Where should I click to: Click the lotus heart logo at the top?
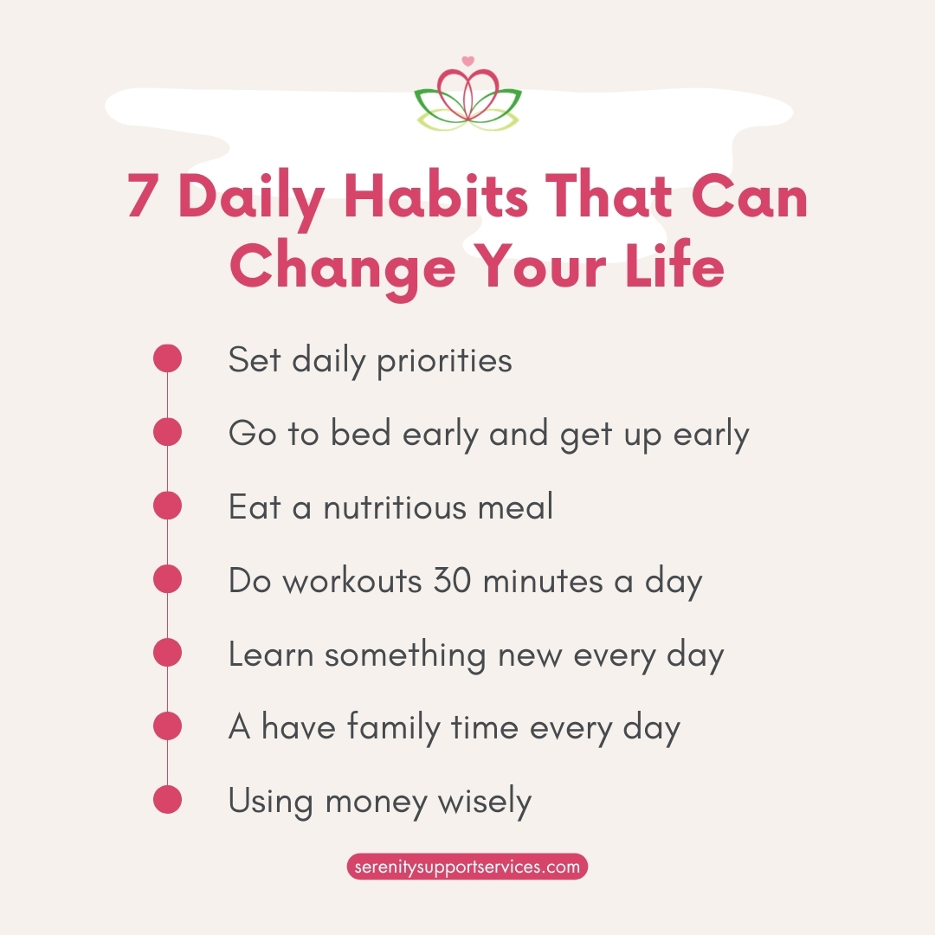(468, 95)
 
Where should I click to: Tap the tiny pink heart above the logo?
(468, 61)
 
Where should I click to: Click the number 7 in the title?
(142, 197)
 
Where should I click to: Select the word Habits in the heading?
(435, 196)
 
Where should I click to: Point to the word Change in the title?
(342, 267)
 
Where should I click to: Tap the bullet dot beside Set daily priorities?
(167, 358)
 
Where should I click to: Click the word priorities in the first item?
(444, 361)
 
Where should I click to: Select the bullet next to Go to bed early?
(167, 432)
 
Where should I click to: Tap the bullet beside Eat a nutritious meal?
(167, 506)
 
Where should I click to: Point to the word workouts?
(352, 580)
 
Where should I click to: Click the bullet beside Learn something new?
(167, 653)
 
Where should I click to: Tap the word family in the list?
(394, 729)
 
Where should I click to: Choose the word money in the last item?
(377, 803)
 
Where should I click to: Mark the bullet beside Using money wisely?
(167, 800)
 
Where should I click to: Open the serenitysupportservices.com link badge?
(467, 867)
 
